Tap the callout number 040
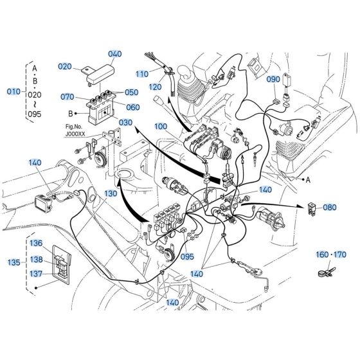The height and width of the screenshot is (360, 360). (x=115, y=54)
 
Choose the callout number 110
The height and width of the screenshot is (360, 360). (x=142, y=74)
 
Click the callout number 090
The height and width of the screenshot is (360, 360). (x=273, y=79)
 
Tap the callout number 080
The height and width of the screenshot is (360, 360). (x=329, y=208)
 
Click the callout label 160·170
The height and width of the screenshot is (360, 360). (x=330, y=255)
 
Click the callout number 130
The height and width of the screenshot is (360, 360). (x=111, y=194)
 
